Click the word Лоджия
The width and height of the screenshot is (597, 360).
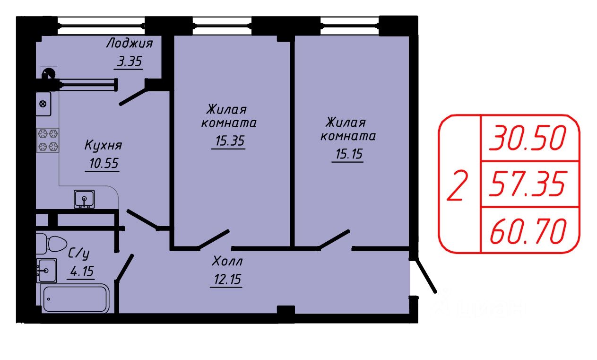click(x=129, y=44)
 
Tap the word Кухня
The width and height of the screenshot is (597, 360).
click(x=103, y=145)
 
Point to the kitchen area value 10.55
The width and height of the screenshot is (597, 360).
click(x=103, y=164)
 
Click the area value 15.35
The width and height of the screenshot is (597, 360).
click(x=228, y=141)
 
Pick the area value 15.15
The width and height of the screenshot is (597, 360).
click(x=347, y=154)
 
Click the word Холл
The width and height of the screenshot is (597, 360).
click(x=227, y=261)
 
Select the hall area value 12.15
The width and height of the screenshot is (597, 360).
click(x=226, y=279)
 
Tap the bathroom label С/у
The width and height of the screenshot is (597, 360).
click(x=79, y=254)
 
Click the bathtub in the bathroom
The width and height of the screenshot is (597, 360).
click(x=76, y=299)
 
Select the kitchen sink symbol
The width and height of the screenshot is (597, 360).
click(x=84, y=199)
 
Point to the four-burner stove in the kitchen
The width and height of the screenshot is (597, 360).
click(x=48, y=140)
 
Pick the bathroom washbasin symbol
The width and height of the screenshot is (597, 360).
click(x=46, y=271)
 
